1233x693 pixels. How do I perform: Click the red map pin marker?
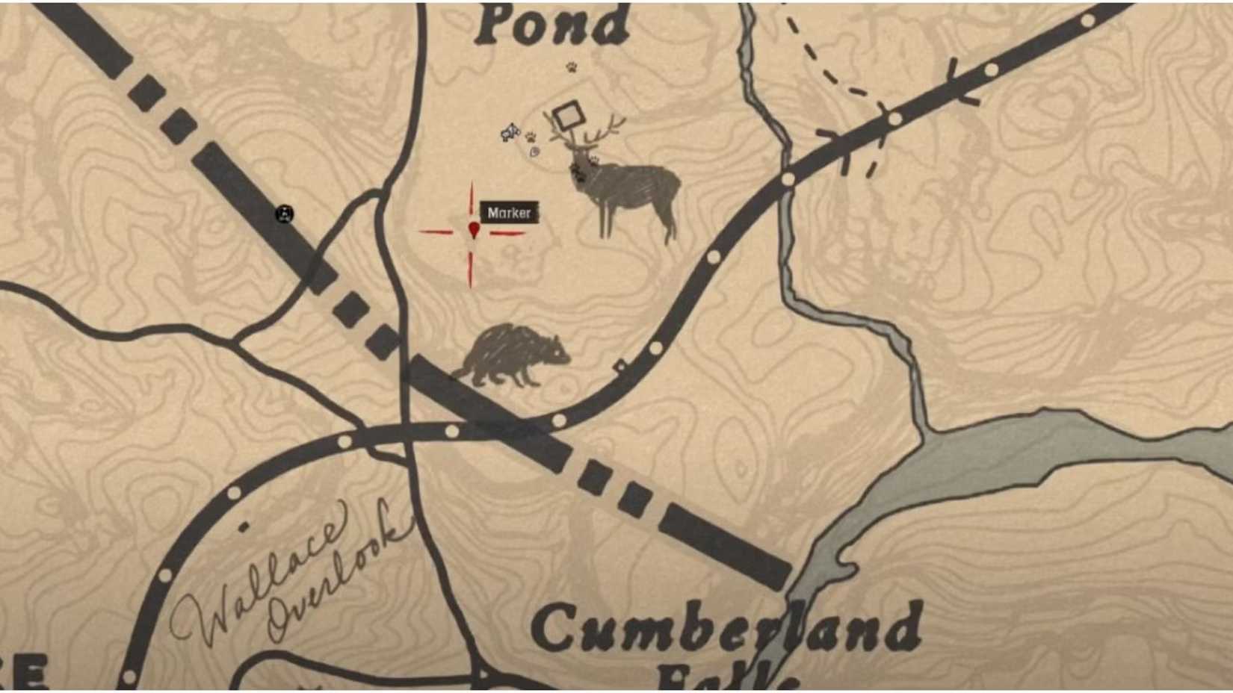pos(474,229)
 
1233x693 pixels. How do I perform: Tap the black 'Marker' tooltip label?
pos(509,213)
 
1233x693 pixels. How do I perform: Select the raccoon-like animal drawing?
pos(512,355)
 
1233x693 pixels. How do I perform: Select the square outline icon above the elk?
pos(569,115)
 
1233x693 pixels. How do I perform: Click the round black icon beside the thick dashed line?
pos(284,214)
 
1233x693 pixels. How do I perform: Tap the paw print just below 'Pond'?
pos(572,67)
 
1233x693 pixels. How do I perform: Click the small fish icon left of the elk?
pos(510,133)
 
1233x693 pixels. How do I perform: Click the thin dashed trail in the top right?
pos(829,75)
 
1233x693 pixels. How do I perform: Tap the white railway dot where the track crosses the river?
pos(788,179)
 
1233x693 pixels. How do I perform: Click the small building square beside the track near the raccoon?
pos(619,365)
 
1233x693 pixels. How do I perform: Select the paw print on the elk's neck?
pos(594,159)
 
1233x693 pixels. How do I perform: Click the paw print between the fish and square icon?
pos(531,137)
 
